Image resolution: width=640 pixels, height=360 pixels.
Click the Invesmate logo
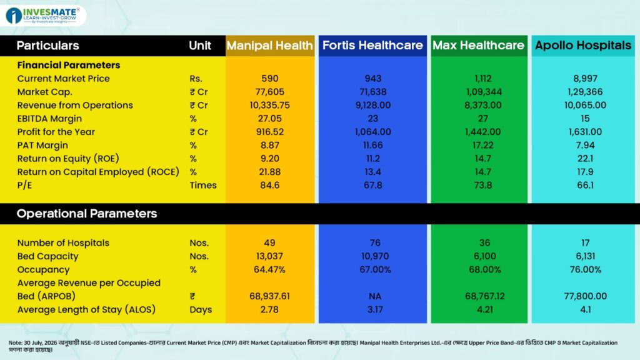[43, 16]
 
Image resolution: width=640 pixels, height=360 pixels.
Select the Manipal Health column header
[270, 45]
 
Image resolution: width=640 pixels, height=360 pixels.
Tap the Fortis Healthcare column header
[372, 45]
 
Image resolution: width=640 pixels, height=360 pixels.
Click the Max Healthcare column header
[478, 45]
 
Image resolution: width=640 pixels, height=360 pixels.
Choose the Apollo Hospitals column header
[583, 45]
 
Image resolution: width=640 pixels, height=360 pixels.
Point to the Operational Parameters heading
[86, 214]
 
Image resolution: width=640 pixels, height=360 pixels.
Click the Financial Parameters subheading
[69, 65]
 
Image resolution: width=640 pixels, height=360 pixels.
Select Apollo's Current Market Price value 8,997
[585, 78]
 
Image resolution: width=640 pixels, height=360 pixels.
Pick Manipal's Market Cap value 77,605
[270, 92]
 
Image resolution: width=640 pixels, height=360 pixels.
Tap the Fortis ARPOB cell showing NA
[375, 296]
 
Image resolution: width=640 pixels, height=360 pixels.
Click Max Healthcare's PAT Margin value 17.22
[483, 145]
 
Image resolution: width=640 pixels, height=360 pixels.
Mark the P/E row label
[24, 185]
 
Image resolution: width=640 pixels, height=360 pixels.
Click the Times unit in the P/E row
[203, 185]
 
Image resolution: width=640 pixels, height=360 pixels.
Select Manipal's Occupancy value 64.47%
[269, 270]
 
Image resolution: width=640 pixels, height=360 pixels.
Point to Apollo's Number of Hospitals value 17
[585, 243]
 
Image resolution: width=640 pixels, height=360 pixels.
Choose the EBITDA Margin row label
[49, 118]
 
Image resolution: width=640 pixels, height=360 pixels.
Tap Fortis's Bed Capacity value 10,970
[375, 256]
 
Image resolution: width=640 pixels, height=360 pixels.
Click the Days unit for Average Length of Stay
[201, 310]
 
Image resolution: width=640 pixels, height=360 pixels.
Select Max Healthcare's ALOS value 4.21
[484, 310]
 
